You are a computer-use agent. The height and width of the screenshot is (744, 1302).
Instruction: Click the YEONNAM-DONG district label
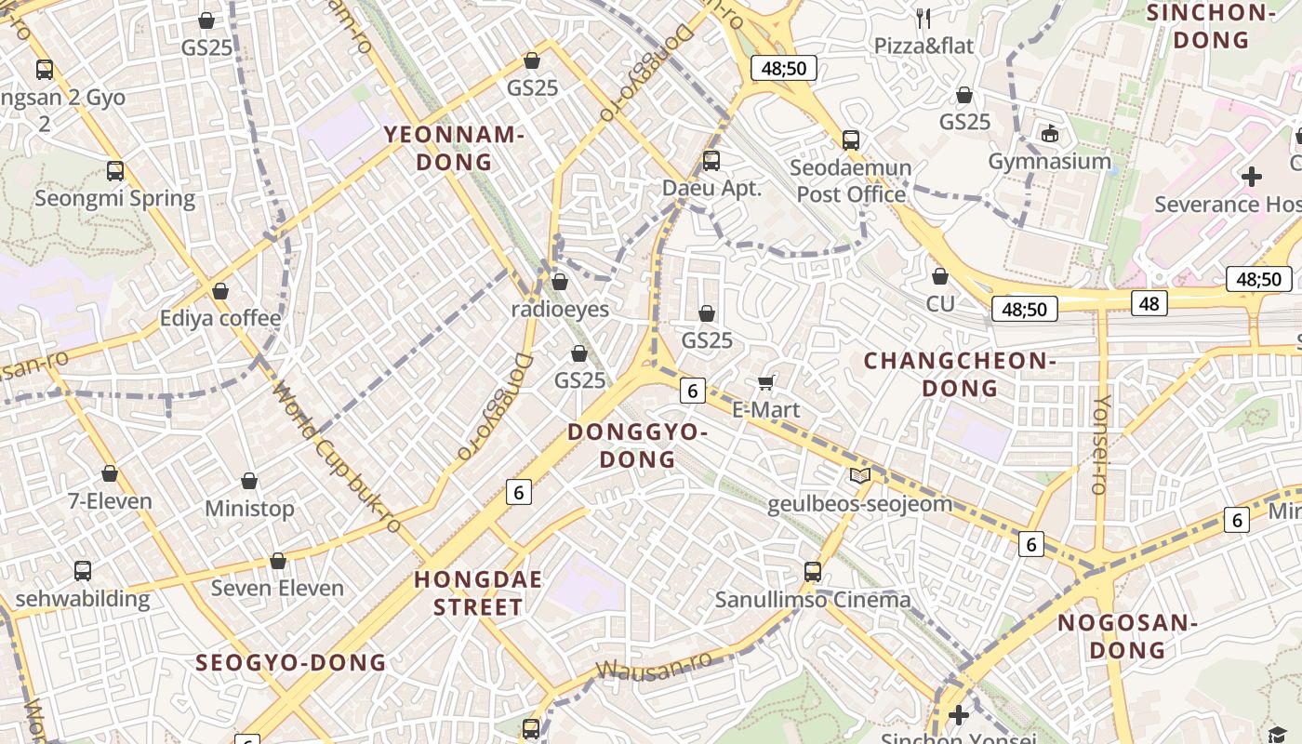point(455,149)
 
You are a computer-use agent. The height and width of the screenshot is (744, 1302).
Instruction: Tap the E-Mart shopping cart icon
point(766,383)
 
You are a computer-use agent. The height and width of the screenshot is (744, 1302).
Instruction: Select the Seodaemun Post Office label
point(851,181)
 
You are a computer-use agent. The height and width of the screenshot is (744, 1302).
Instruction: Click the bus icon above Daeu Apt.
point(711,160)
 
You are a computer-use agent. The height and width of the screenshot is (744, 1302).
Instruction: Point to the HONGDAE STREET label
point(478,593)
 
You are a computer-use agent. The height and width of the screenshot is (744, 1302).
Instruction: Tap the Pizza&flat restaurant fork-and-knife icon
point(923,18)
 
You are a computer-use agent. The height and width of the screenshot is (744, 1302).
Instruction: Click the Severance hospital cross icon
point(1252,176)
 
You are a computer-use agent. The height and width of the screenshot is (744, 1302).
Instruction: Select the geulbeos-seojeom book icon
point(860,476)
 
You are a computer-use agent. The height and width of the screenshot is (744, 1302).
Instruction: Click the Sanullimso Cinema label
point(813,600)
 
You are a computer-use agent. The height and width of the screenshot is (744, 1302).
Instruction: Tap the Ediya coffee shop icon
point(220,291)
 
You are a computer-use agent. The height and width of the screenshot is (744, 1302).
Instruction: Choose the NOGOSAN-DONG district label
point(1127,636)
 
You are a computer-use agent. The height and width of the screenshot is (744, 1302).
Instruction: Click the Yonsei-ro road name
point(1101,445)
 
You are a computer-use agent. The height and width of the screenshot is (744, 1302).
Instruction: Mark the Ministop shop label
point(249,509)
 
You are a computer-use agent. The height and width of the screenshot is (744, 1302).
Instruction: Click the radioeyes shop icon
point(560,282)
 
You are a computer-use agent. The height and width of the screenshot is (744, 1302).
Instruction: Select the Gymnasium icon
point(1050,134)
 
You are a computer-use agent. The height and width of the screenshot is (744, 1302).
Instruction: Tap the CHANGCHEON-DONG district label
point(961,374)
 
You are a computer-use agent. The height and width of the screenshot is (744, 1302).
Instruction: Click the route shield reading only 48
point(1149,303)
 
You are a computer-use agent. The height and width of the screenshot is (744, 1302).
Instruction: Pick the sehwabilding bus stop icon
point(83,571)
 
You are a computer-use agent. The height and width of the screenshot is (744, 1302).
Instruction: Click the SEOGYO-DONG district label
point(290,663)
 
